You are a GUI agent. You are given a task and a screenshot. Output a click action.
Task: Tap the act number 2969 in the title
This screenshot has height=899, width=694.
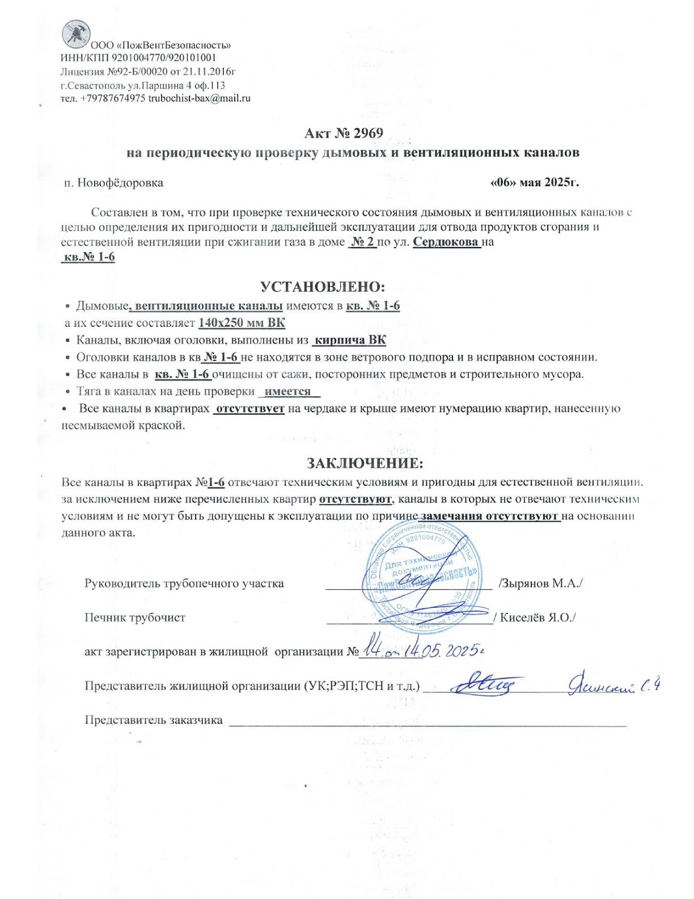pyautogui.click(x=368, y=133)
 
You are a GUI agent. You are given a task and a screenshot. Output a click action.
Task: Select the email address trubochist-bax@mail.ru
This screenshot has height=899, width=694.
pyautogui.click(x=199, y=98)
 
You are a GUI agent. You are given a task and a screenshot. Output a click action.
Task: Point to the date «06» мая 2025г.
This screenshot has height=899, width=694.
pyautogui.click(x=534, y=183)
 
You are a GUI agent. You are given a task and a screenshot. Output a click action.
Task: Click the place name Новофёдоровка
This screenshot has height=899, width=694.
pyautogui.click(x=120, y=183)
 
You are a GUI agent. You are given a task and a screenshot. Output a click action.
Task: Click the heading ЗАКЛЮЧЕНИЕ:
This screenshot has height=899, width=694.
pyautogui.click(x=365, y=463)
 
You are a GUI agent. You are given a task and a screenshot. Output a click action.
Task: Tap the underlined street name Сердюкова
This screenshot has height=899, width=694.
pyautogui.click(x=446, y=242)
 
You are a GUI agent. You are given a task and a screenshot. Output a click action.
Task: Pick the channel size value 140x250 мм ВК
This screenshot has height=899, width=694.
pyautogui.click(x=242, y=323)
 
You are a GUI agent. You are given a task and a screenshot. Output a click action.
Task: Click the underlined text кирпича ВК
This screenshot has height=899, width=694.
pyautogui.click(x=350, y=341)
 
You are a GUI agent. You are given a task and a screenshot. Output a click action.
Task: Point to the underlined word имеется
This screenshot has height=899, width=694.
pyautogui.click(x=288, y=392)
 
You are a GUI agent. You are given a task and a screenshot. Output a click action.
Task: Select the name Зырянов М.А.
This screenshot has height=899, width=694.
pyautogui.click(x=541, y=583)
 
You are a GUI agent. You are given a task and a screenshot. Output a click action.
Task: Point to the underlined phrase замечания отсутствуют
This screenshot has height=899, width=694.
pyautogui.click(x=489, y=516)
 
